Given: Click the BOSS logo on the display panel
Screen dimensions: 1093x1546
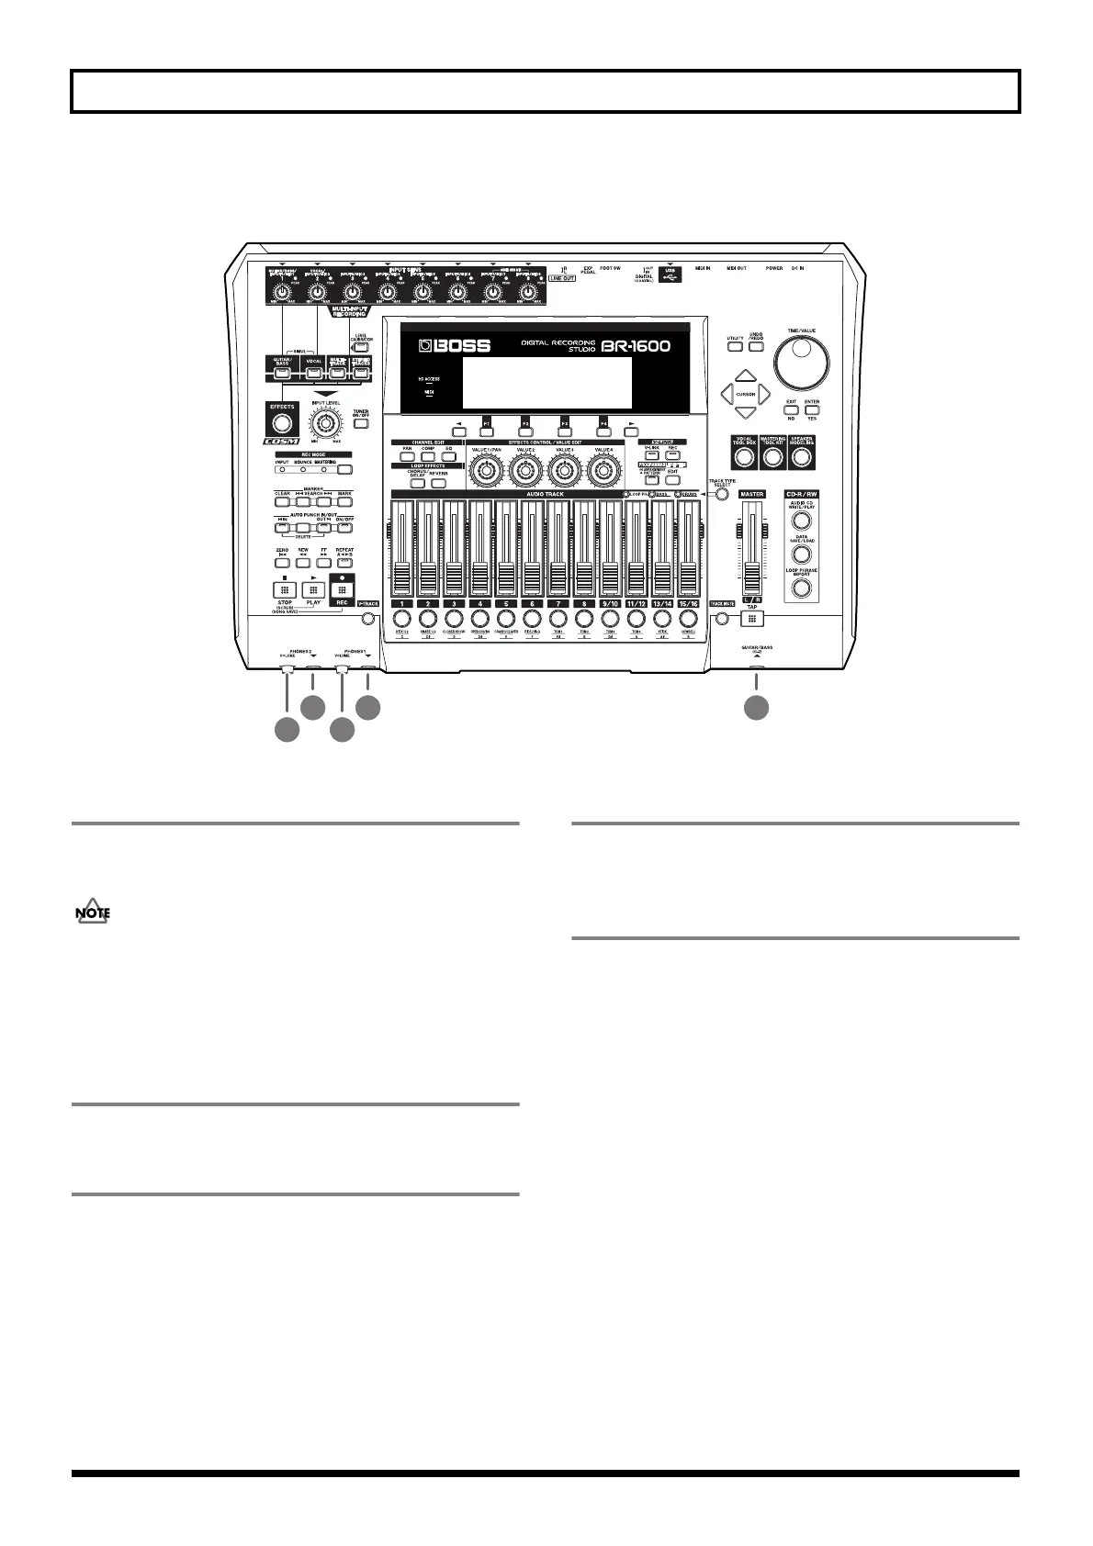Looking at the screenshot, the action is tap(456, 347).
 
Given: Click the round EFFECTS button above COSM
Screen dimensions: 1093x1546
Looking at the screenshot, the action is tap(282, 422).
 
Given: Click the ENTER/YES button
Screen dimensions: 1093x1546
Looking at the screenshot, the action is tap(811, 409).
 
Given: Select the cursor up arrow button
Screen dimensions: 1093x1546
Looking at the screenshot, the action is tap(746, 375).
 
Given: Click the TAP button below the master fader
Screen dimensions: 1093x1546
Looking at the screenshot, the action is tap(752, 618).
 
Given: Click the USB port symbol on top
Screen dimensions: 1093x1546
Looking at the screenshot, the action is tap(670, 273).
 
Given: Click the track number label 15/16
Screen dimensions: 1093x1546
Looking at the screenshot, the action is tap(688, 604).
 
